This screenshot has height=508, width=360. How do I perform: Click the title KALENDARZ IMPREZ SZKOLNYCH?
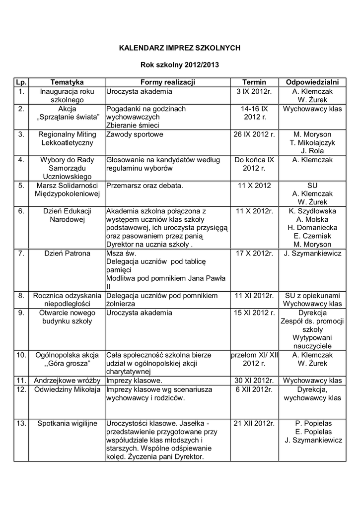pyautogui.click(x=180, y=48)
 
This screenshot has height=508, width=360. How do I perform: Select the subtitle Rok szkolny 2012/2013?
pyautogui.click(x=180, y=64)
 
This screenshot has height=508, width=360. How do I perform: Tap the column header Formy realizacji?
pyautogui.click(x=168, y=82)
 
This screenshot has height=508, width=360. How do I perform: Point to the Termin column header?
pyautogui.click(x=254, y=82)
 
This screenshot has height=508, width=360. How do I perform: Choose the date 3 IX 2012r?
pyautogui.click(x=254, y=92)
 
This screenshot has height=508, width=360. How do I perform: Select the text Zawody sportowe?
pyautogui.click(x=135, y=134)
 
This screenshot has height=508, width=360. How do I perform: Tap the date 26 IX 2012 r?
pyautogui.click(x=254, y=134)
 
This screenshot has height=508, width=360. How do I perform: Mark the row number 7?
pyautogui.click(x=21, y=254)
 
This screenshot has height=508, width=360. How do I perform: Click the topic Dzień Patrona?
pyautogui.click(x=67, y=254)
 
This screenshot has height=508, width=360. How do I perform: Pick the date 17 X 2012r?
pyautogui.click(x=254, y=254)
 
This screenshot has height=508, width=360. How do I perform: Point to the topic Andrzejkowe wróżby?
pyautogui.click(x=67, y=381)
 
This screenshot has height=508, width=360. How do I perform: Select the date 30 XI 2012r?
pyautogui.click(x=254, y=381)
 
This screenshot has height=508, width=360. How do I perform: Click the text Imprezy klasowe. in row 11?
pyautogui.click(x=135, y=381)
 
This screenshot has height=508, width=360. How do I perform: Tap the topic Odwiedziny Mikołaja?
pyautogui.click(x=67, y=389)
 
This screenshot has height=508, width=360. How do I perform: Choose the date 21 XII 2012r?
pyautogui.click(x=254, y=423)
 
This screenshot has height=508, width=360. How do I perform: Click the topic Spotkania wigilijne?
pyautogui.click(x=67, y=423)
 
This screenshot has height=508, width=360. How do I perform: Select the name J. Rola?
pyautogui.click(x=312, y=151)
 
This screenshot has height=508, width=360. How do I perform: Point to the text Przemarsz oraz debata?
pyautogui.click(x=144, y=186)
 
